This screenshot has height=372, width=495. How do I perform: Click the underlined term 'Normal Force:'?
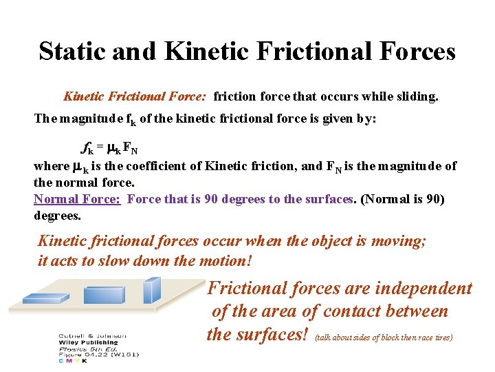tap(77, 199)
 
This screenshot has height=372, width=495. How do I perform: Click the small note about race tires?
tap(384, 338)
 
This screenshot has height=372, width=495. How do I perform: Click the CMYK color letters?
tap(72, 360)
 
